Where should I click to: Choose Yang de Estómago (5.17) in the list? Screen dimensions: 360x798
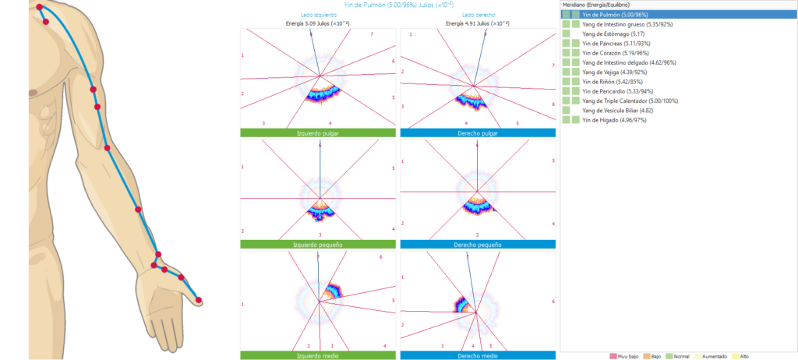[613, 34]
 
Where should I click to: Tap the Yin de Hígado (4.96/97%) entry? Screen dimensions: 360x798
[614, 120]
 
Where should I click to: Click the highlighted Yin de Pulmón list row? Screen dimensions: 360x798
[615, 15]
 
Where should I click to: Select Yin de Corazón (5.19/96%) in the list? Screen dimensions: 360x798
[616, 53]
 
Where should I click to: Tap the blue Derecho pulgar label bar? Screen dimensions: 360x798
[478, 133]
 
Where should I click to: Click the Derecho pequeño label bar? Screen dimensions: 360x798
[478, 245]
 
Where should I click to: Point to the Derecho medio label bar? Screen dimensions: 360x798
[478, 355]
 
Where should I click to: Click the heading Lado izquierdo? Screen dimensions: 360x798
[318, 16]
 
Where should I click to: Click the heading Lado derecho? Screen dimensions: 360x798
[478, 16]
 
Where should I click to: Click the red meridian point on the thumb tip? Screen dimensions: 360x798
[198, 300]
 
